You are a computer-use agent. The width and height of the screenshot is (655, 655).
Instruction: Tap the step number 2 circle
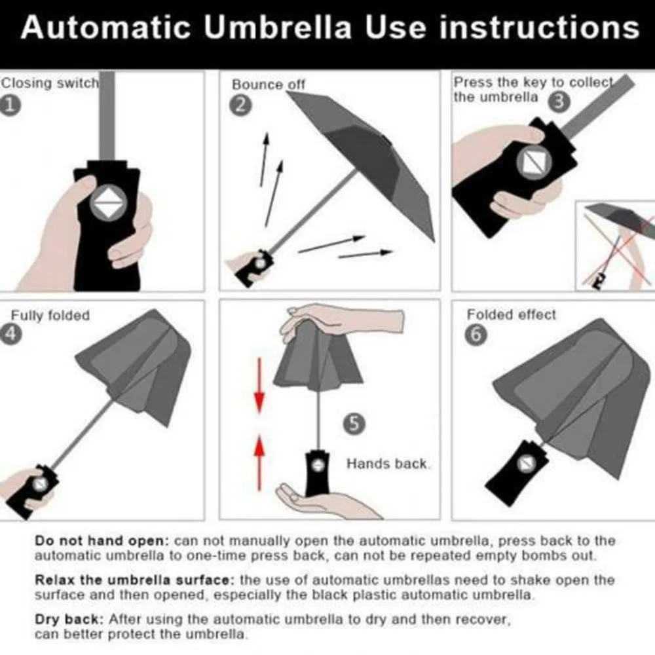[240, 105]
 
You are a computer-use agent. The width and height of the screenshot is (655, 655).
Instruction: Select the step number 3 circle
[558, 102]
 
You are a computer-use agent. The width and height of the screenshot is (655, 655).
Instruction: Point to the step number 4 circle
[11, 333]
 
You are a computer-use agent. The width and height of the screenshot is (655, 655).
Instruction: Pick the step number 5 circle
[354, 424]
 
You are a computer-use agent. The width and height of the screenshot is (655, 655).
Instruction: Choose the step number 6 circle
[476, 334]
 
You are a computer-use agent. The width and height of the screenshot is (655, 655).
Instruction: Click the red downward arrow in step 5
[259, 386]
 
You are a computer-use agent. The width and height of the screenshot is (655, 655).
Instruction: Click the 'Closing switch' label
[49, 83]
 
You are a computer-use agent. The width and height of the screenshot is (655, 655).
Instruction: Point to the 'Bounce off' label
[269, 84]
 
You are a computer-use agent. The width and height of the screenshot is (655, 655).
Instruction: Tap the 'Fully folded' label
[50, 316]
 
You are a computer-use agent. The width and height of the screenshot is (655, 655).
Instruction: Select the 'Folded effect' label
[511, 315]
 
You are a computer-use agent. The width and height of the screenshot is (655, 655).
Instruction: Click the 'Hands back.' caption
[388, 464]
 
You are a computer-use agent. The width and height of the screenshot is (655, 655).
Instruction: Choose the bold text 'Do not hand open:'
[102, 541]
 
